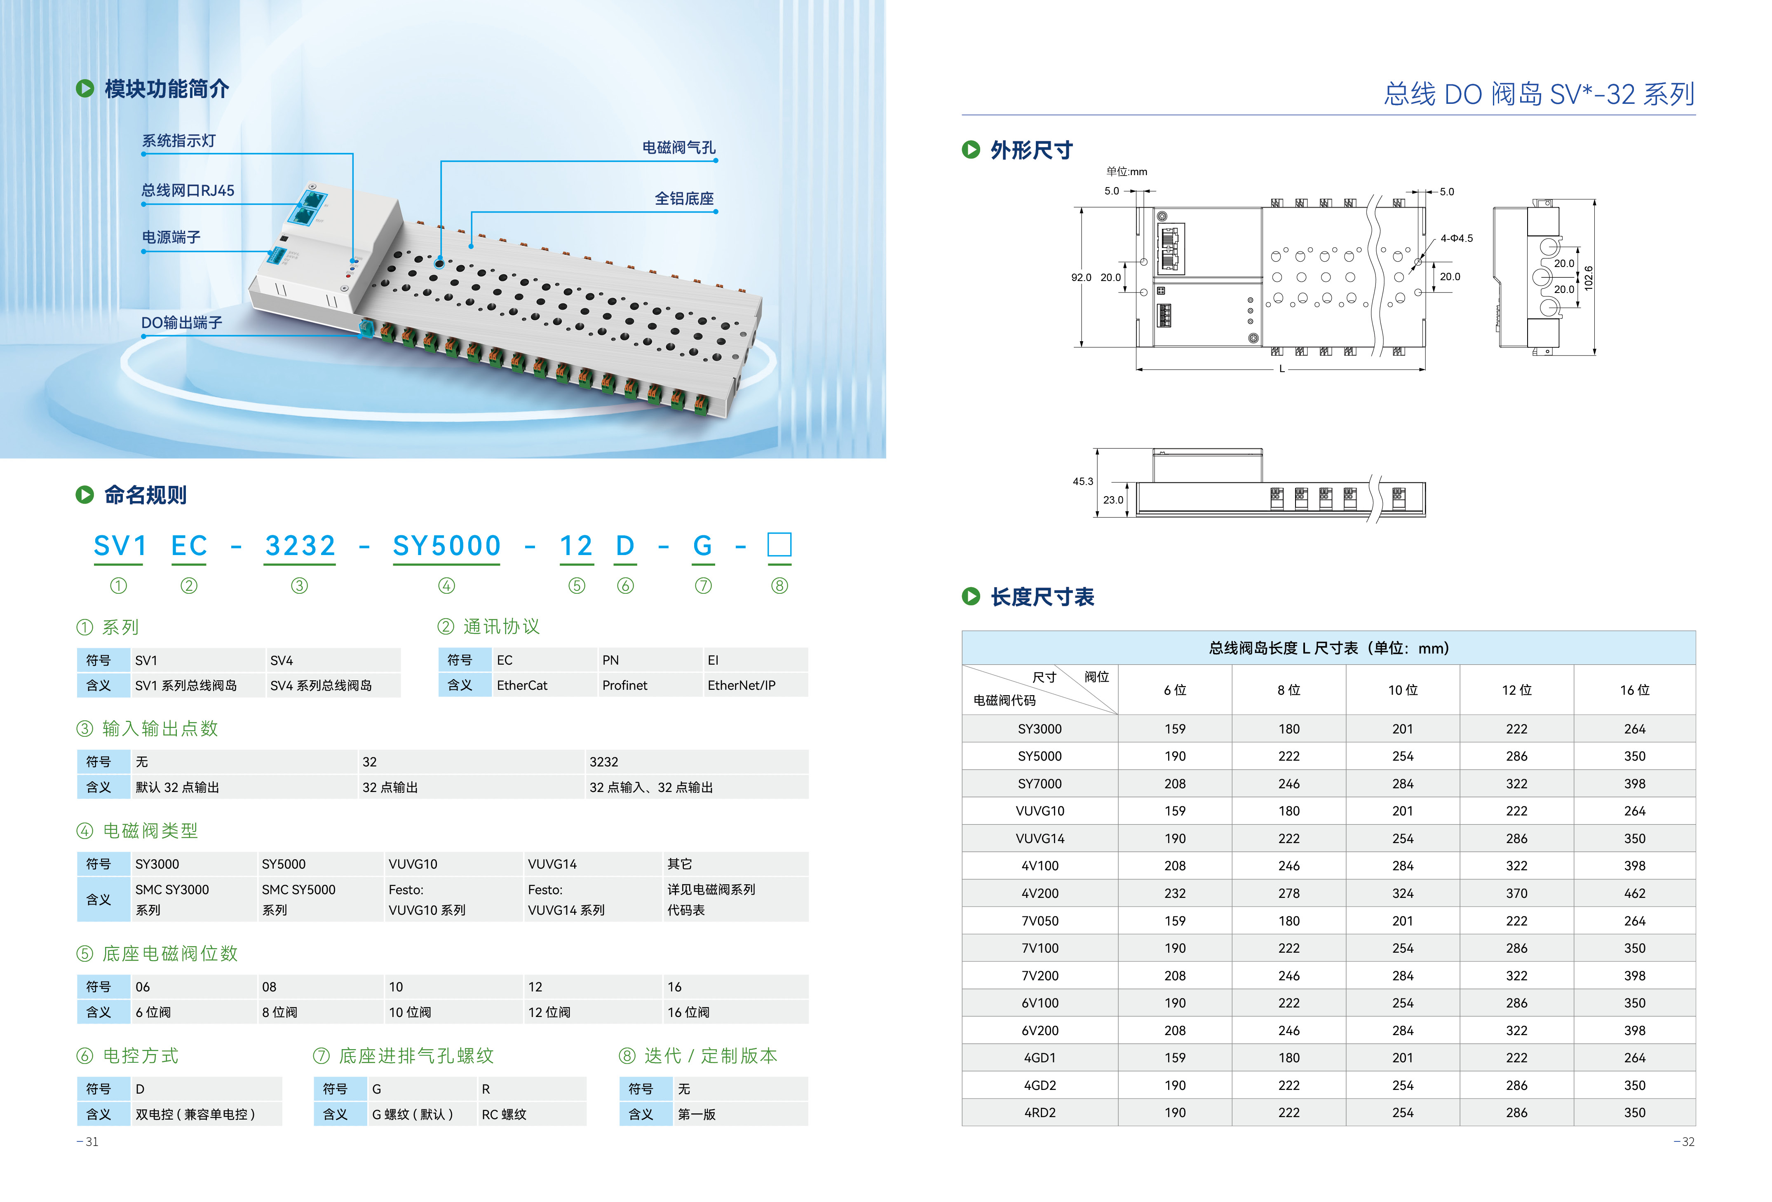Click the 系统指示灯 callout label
pyautogui.click(x=178, y=141)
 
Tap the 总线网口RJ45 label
pyautogui.click(x=188, y=190)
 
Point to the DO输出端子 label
pyautogui.click(x=181, y=322)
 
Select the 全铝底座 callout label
pyautogui.click(x=684, y=199)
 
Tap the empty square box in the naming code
pyautogui.click(x=779, y=545)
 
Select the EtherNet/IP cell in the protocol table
pyautogui.click(x=741, y=685)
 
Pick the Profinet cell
pyautogui.click(x=624, y=685)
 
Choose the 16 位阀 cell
pyautogui.click(x=688, y=1012)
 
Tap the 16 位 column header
pyautogui.click(x=1634, y=690)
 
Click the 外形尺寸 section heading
pyautogui.click(x=1031, y=150)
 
